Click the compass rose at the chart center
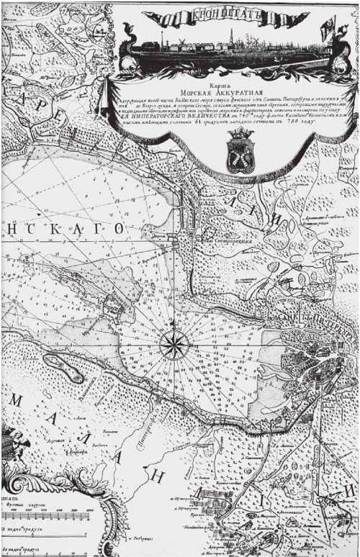click(x=173, y=344)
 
